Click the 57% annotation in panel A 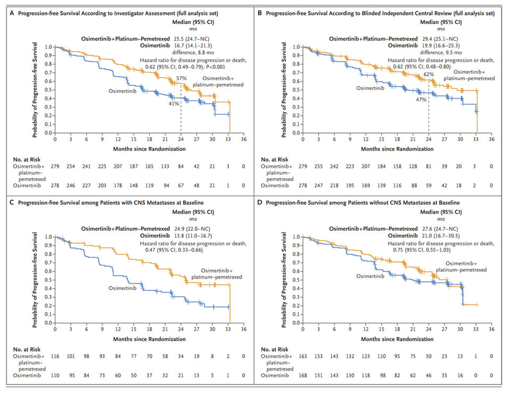click(181, 78)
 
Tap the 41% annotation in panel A click(174, 104)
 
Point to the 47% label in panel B click(421, 99)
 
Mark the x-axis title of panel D click(395, 339)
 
